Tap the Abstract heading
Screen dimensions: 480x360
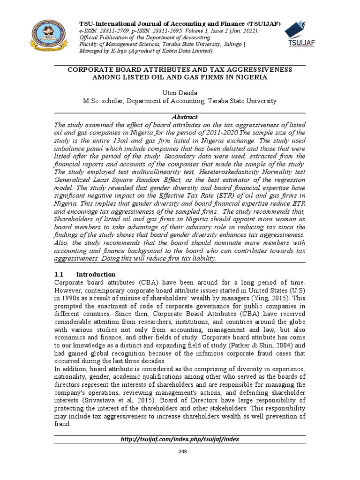pos(180,117)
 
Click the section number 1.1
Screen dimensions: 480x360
pos(60,274)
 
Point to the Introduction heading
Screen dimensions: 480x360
pos(96,274)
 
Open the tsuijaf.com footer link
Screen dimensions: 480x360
pos(180,439)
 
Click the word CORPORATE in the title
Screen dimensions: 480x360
pos(90,69)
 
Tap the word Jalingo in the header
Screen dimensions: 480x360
pos(228,44)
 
